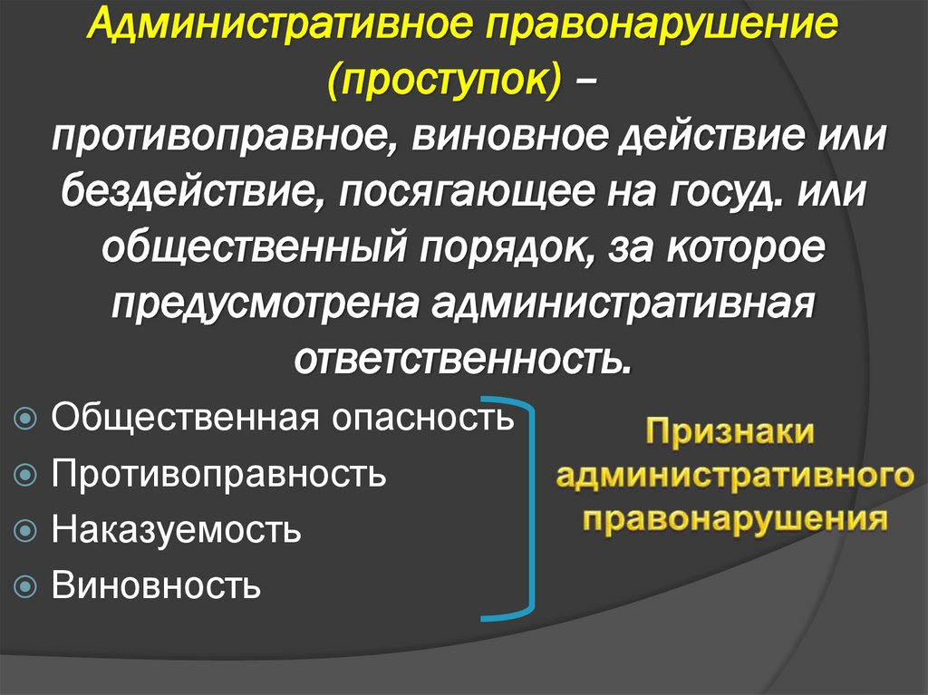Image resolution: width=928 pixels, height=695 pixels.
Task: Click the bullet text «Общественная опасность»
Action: pyautogui.click(x=282, y=419)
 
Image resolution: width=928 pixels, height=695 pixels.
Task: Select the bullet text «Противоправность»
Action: pyautogui.click(x=218, y=474)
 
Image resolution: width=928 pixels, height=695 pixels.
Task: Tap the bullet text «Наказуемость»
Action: pyautogui.click(x=176, y=530)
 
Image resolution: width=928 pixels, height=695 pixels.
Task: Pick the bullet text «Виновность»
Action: pyautogui.click(x=156, y=585)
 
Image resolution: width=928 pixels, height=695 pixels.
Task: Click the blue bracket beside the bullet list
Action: pyautogui.click(x=530, y=507)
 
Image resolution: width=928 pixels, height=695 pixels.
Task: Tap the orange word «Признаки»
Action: pyautogui.click(x=730, y=431)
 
